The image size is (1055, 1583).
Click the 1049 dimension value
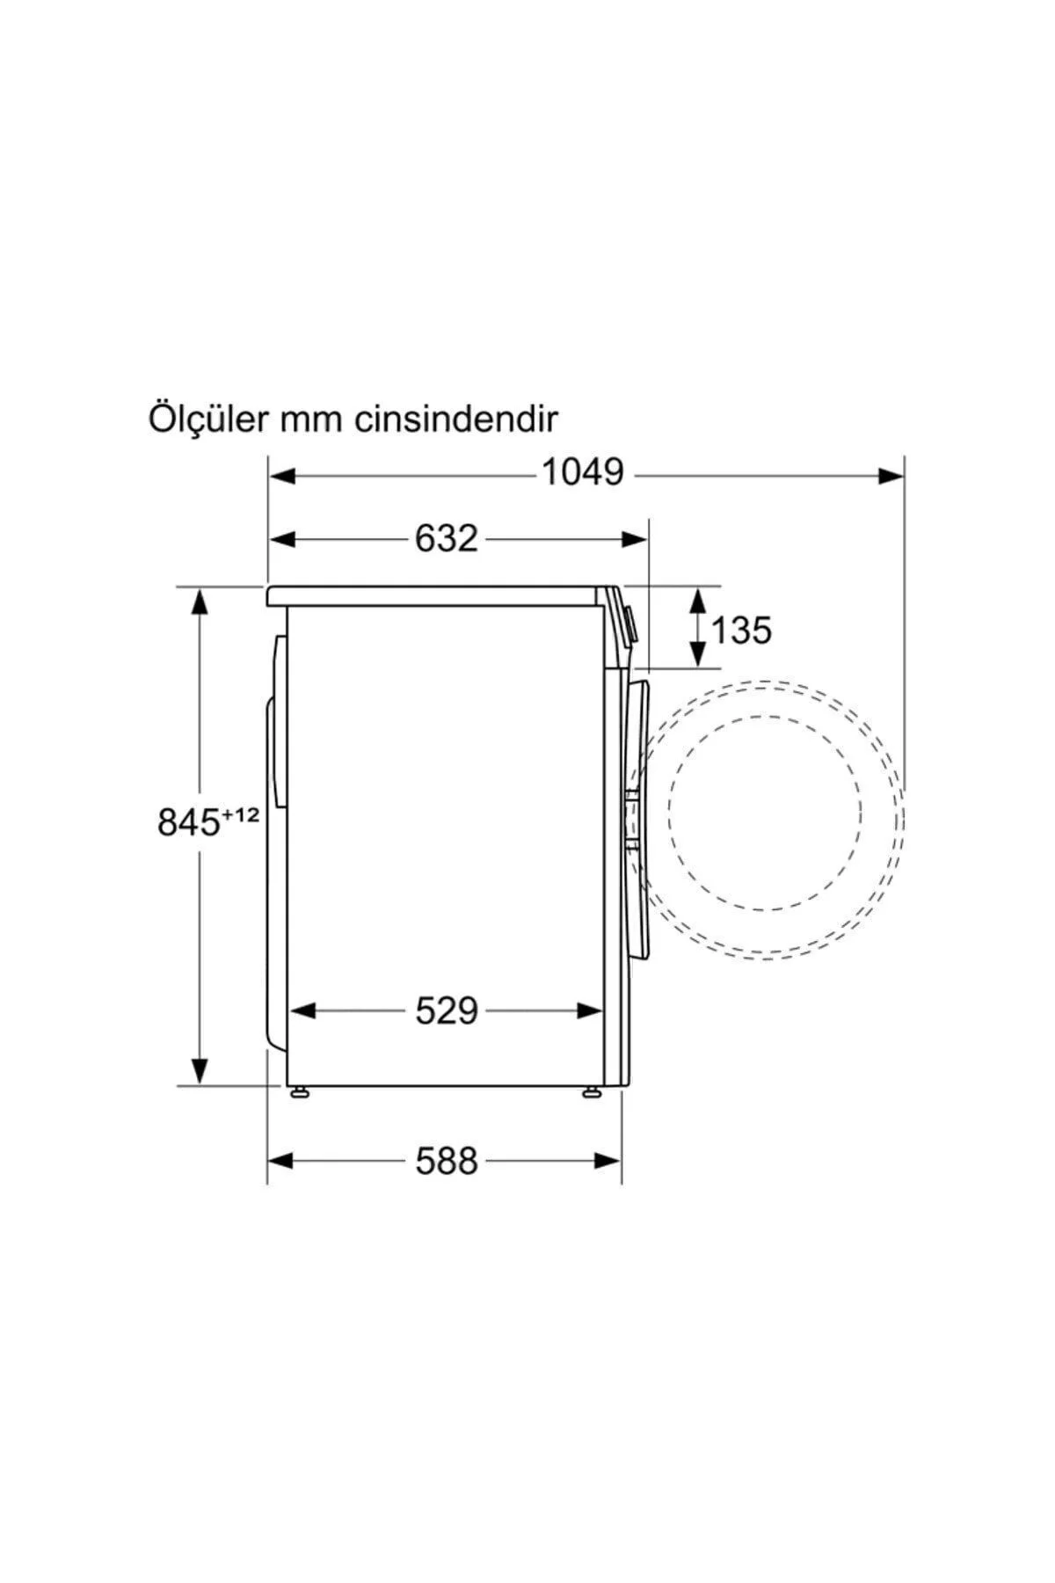coord(582,473)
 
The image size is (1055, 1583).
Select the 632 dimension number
coord(446,538)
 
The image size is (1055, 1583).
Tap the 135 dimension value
coord(740,630)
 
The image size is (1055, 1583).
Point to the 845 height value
coord(187,823)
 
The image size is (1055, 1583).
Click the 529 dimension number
coord(446,1011)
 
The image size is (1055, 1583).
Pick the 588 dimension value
coord(446,1161)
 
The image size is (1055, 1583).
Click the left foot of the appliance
coord(301,1092)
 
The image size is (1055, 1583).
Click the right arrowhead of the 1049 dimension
coord(891,476)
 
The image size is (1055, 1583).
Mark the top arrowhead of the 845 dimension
coord(200,602)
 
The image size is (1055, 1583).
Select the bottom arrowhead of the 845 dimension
coord(200,1070)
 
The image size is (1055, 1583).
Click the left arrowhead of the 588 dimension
coord(280,1162)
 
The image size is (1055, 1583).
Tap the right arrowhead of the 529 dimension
coord(591,1012)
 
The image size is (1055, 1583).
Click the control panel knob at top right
coord(629,623)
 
